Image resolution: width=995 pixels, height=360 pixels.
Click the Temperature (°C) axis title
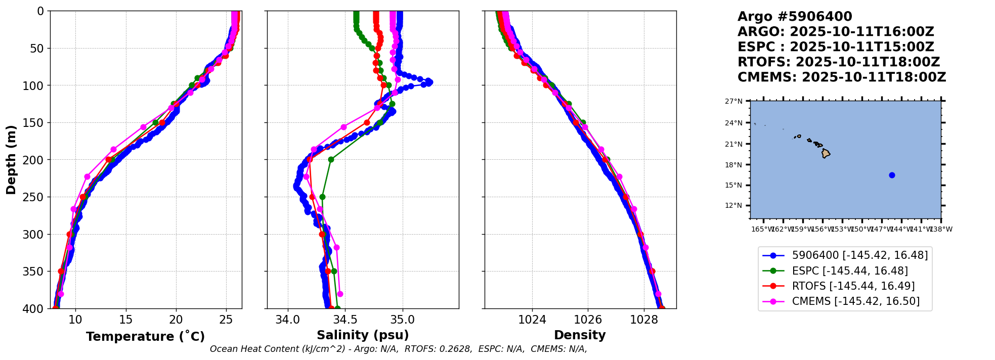coord(145,337)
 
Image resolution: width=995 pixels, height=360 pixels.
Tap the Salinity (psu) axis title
coord(363,335)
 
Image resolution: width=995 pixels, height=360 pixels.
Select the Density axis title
coord(580,335)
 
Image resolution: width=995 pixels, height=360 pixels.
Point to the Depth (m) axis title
coord(11,160)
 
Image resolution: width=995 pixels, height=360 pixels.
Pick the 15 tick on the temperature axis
coord(125,320)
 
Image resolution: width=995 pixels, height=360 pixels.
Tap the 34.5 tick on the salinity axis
coord(345,320)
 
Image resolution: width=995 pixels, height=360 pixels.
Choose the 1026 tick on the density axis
coord(588,320)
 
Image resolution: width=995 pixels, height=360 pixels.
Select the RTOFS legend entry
coord(853,286)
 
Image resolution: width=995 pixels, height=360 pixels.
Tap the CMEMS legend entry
coord(855,301)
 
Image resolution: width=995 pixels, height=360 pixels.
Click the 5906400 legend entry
coord(859,256)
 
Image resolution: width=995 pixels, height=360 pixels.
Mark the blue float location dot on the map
coord(892,175)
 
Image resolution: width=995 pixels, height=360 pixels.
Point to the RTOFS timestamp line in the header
coord(838,62)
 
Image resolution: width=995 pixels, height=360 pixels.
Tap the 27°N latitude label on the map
coord(733,102)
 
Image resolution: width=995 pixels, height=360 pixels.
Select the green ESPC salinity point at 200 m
coord(331,160)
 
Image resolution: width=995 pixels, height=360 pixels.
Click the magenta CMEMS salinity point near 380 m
coord(340,294)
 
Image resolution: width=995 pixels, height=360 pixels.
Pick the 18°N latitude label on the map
coord(733,165)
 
